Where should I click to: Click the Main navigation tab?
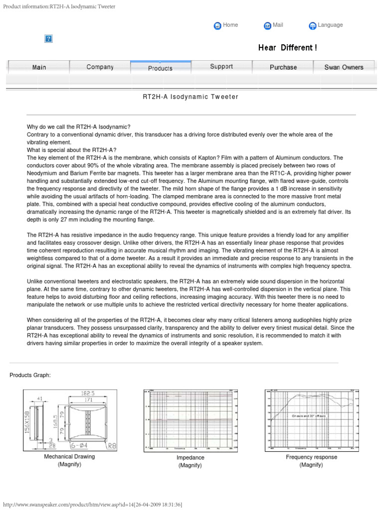[x=39, y=67]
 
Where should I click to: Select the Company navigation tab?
[x=100, y=67]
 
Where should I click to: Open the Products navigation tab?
[x=160, y=68]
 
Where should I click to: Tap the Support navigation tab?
[x=221, y=67]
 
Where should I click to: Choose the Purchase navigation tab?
[x=283, y=67]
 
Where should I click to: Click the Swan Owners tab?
[x=344, y=67]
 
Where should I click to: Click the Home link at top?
[x=230, y=25]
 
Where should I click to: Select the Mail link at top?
[x=277, y=25]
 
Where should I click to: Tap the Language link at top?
[x=330, y=25]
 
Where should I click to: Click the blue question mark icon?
[x=49, y=39]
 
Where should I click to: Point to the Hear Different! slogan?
[x=287, y=48]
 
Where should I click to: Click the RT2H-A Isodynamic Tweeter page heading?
[x=191, y=97]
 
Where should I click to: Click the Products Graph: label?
[x=30, y=375]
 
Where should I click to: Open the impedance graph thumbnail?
[x=190, y=420]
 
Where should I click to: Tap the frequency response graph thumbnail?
[x=311, y=420]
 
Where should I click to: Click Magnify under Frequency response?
[x=311, y=465]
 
